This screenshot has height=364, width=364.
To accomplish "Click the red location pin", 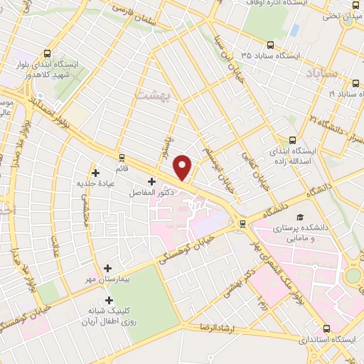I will tap(183, 168).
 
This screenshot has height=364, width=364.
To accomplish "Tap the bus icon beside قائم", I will tap(122, 158).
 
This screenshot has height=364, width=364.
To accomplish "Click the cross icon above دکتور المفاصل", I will tap(151, 181).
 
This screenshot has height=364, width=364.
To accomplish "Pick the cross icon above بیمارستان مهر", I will tap(107, 268).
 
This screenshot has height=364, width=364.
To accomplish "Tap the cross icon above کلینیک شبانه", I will tap(108, 301).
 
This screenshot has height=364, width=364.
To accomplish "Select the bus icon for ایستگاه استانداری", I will tap(327, 328).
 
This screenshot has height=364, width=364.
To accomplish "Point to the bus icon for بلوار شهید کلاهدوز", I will tap(48, 53).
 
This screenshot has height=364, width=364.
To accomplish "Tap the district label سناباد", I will tap(324, 73).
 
